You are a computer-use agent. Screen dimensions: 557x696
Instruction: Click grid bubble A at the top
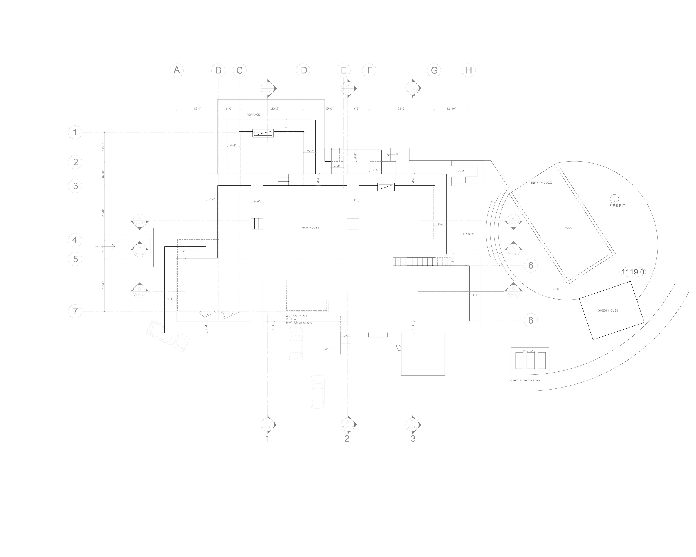pos(177,70)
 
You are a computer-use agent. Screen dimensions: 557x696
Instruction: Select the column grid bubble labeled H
pos(469,70)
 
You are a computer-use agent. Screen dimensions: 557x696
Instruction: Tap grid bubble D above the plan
pos(303,70)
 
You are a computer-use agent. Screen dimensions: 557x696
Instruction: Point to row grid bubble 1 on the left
pos(75,132)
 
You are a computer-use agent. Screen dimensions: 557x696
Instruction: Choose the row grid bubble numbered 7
pos(75,312)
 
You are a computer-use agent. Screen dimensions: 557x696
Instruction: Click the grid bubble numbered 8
pos(530,320)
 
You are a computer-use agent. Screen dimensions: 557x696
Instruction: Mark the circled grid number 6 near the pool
pos(530,266)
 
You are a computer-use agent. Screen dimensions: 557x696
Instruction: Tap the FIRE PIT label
pos(617,205)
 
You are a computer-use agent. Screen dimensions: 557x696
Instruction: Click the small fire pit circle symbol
pos(613,198)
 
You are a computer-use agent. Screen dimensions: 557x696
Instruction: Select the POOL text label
pos(568,228)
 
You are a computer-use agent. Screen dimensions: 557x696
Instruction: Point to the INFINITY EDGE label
pos(541,183)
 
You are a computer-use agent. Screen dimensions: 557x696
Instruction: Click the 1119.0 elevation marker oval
pos(633,272)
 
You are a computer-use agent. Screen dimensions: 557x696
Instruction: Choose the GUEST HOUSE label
pos(608,310)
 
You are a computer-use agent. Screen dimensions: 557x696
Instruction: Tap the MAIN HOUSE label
pos(310,228)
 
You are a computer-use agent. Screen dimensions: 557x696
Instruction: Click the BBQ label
pos(461,171)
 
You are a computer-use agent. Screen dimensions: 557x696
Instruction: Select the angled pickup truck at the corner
pos(168,335)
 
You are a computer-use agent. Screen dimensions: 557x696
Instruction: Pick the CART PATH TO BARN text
pos(525,380)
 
